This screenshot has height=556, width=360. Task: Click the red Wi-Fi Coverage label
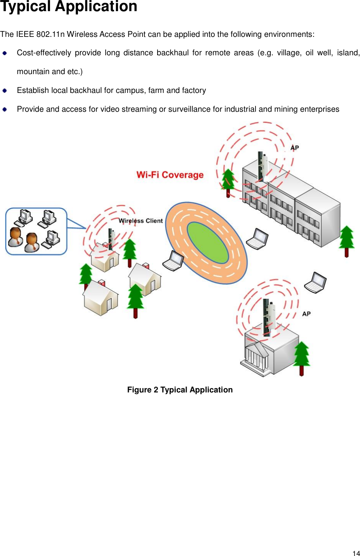pyautogui.click(x=170, y=175)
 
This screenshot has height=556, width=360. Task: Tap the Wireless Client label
pyautogui.click(x=141, y=221)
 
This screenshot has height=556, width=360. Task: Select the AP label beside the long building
pyautogui.click(x=295, y=148)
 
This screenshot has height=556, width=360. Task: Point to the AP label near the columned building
pyautogui.click(x=306, y=314)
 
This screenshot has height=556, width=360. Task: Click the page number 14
pyautogui.click(x=356, y=553)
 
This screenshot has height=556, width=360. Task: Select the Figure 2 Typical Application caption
pyautogui.click(x=180, y=390)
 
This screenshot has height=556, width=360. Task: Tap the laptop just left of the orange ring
pyautogui.click(x=173, y=261)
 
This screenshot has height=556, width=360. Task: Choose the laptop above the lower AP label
pyautogui.click(x=315, y=283)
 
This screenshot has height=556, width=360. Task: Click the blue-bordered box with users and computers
pyautogui.click(x=36, y=231)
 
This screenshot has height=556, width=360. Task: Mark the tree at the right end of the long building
pyautogui.click(x=347, y=240)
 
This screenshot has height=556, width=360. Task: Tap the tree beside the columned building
pyautogui.click(x=302, y=357)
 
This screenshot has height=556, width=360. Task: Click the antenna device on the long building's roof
pyautogui.click(x=263, y=165)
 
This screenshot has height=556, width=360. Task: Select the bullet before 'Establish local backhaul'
pyautogui.click(x=5, y=91)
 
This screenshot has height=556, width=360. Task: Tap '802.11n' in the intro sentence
pyautogui.click(x=50, y=34)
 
